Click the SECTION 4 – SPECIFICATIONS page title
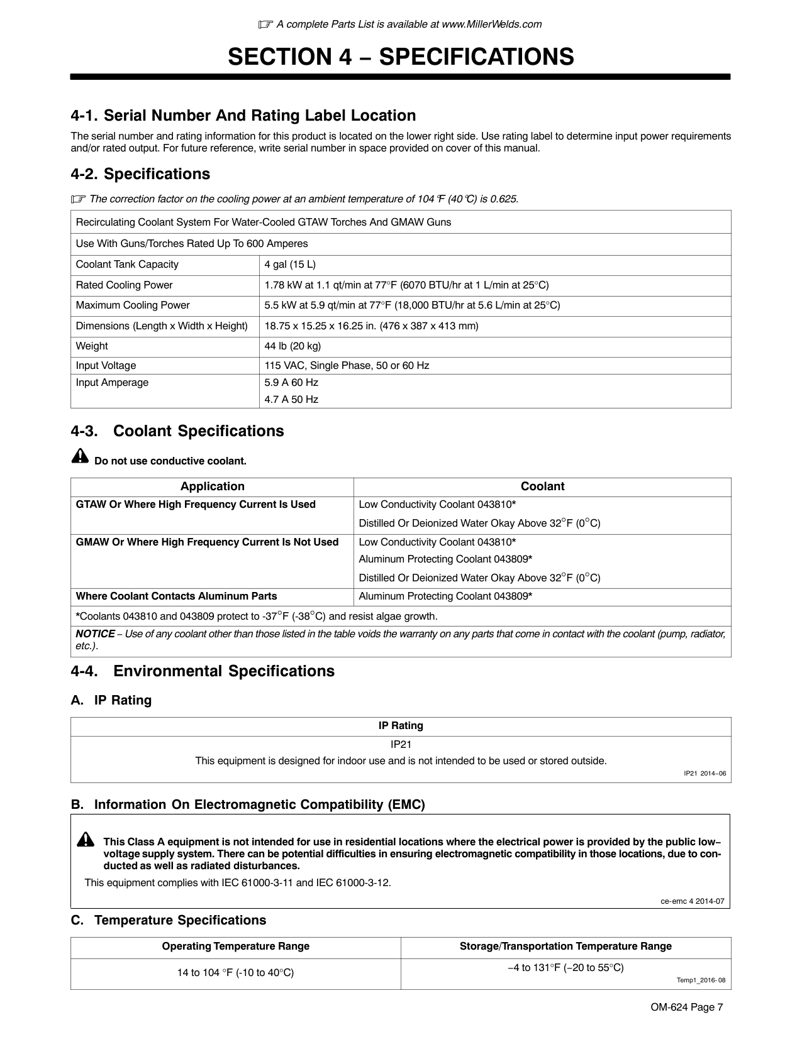tap(401, 57)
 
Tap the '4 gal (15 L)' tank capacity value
tap(290, 265)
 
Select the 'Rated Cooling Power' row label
tap(124, 285)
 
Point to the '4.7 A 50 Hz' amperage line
tap(291, 400)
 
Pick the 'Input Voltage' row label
tap(106, 366)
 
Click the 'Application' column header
tap(212, 486)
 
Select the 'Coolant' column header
tap(542, 486)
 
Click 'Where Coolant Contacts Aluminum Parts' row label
tap(176, 596)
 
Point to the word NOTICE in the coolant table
tap(95, 634)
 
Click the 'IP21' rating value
tap(401, 745)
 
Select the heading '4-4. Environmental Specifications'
tap(203, 671)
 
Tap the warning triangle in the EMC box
tap(86, 840)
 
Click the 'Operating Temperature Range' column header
tap(235, 946)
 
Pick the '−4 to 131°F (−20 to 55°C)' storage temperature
tap(565, 968)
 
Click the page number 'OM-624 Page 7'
tap(687, 1007)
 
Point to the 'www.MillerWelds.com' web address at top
tap(492, 25)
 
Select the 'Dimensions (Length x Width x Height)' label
tap(162, 326)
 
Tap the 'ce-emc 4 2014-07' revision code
tap(693, 901)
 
